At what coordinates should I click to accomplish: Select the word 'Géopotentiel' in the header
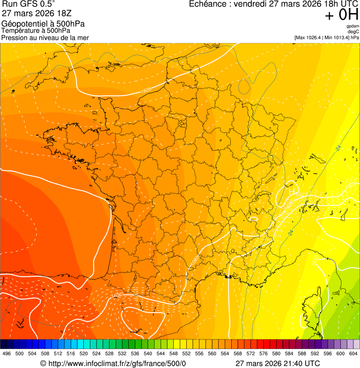pos(22,24)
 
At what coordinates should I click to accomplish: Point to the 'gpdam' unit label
pos(353,26)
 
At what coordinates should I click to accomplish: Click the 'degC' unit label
pos(353,32)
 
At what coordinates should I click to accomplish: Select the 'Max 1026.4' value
pos(309,37)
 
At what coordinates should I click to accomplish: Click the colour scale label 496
pos(7,353)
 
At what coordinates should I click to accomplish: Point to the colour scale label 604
pos(353,353)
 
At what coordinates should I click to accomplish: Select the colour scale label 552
pos(186,353)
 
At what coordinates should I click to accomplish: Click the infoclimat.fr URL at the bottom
pos(117,363)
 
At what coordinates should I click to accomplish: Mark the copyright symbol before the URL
pos(43,363)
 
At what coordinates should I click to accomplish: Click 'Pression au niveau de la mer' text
pos(45,37)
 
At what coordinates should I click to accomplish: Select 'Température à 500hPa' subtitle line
pos(36,31)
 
